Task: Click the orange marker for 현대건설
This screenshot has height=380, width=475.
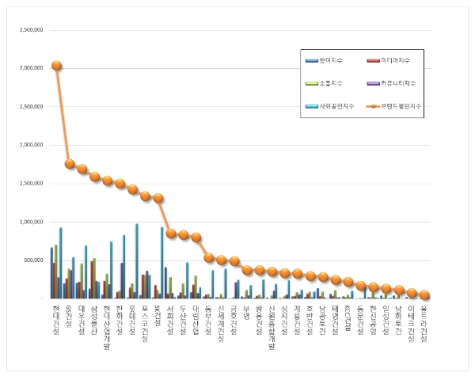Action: [57, 66]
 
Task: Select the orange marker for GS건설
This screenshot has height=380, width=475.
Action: [70, 164]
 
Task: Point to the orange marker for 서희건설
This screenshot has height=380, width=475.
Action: [171, 234]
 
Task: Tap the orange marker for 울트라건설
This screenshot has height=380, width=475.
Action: [424, 294]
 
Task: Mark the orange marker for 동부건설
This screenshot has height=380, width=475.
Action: [209, 257]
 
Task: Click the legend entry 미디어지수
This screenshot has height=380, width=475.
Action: [396, 60]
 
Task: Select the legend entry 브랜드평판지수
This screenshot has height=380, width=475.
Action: [400, 104]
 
